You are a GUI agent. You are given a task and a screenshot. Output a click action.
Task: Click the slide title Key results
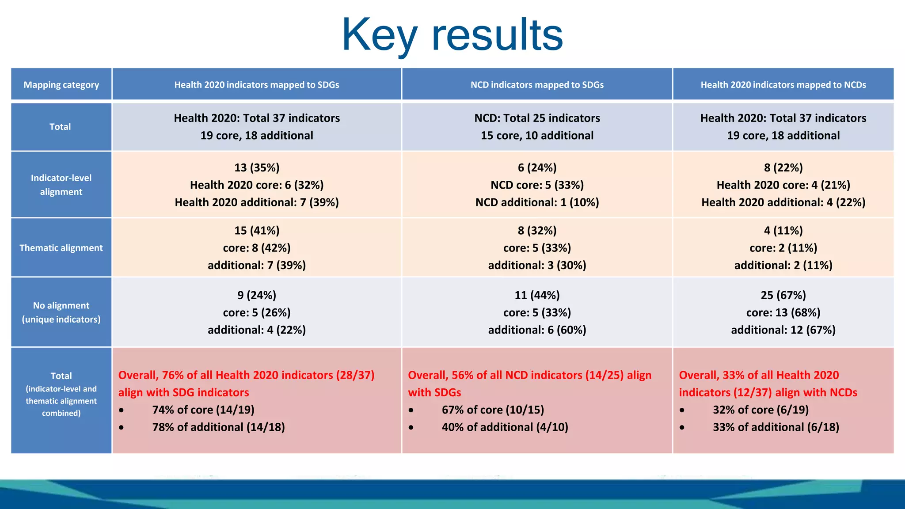pos(452,34)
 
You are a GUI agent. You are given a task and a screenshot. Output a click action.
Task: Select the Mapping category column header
pos(61,85)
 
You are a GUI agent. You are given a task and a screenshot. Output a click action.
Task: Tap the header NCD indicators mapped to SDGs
pos(537,85)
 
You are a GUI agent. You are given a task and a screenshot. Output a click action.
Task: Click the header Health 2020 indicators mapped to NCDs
pos(783,85)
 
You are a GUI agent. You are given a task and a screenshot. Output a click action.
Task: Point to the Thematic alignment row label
pos(61,248)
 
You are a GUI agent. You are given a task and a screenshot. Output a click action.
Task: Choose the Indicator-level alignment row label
pos(61,185)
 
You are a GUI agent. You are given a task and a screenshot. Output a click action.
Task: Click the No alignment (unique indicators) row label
pos(61,312)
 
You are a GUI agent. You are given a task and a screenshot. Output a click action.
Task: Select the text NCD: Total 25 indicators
pos(537,118)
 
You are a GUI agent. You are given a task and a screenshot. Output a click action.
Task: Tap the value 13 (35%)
pos(257,167)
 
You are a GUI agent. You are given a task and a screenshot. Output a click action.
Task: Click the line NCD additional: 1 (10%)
pos(537,202)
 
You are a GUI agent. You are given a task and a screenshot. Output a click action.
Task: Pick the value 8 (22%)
pos(783,167)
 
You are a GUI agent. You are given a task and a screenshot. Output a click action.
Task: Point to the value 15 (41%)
pos(257,231)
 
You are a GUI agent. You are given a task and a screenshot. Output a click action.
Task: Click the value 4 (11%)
pos(783,231)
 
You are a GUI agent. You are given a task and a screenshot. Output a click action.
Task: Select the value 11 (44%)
pos(537,295)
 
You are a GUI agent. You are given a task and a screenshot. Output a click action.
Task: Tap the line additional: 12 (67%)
pos(783,330)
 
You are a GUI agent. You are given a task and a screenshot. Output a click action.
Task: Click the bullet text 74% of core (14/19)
pos(203,410)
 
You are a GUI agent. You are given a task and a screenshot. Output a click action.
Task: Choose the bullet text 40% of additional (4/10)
pos(505,427)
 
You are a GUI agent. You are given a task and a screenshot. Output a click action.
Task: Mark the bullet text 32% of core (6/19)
pos(761,410)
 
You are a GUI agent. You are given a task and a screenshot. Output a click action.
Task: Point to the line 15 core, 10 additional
pos(537,136)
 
